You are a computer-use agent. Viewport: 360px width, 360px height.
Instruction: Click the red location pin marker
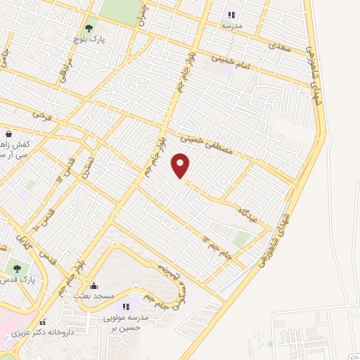(181, 165)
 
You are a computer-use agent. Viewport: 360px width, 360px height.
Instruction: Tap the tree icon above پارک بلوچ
(88, 28)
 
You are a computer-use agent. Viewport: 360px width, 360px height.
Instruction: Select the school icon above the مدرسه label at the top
(231, 15)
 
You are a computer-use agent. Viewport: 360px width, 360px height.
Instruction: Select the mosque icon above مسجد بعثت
(94, 285)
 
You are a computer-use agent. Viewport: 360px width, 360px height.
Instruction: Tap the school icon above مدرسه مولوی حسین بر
(127, 306)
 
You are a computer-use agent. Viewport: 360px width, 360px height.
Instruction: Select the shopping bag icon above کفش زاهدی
(8, 134)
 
